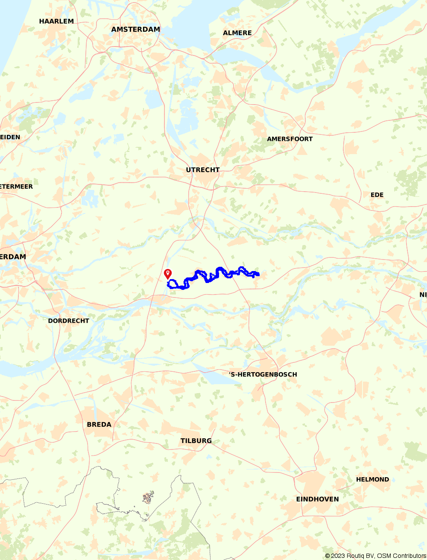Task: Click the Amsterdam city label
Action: point(135,29)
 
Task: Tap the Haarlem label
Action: point(56,21)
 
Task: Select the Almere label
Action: point(237,33)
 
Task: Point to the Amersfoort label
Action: point(290,139)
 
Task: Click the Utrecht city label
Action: point(203,170)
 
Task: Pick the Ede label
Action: point(377,195)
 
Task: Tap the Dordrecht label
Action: point(69,321)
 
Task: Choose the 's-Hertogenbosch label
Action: point(263,375)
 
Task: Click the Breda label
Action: point(99,425)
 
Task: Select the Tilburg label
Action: point(196,441)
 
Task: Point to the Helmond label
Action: point(372,480)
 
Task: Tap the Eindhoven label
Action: point(317,499)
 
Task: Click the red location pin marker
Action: point(168,274)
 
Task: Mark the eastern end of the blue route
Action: point(258,274)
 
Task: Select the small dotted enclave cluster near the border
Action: point(148,497)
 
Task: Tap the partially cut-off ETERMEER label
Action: point(16,187)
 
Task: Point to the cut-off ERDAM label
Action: point(13,257)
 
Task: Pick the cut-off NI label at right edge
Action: point(423,295)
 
